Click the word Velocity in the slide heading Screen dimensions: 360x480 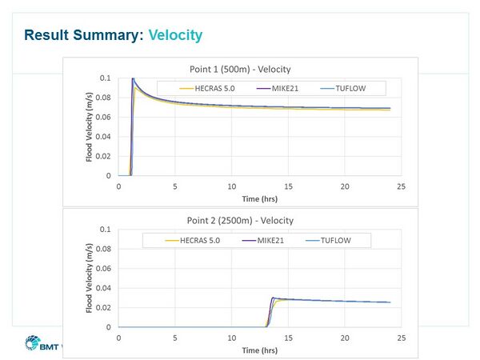(x=175, y=35)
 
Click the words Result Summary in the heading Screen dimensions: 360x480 (x=85, y=35)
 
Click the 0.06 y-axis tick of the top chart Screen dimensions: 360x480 (x=103, y=117)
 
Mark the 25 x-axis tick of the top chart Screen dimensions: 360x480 (x=402, y=186)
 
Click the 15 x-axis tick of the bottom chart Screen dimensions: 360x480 (x=289, y=337)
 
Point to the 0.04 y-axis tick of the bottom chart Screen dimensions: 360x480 (x=103, y=288)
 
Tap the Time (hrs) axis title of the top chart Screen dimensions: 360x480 (x=259, y=196)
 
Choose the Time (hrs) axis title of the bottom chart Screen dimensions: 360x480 (x=259, y=348)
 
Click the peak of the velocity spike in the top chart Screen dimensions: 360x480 (x=132, y=78)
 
